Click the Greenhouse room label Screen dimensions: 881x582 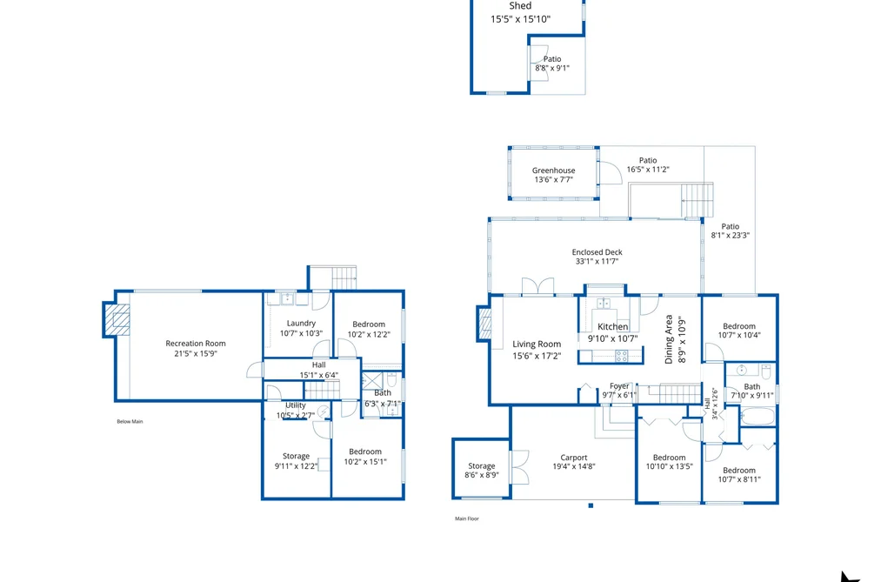click(553, 171)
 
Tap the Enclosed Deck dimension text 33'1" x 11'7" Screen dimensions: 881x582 click(597, 261)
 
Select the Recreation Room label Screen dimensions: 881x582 click(196, 344)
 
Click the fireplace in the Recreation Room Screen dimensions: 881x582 click(117, 320)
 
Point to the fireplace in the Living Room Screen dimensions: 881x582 click(484, 324)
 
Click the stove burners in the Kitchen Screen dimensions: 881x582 click(622, 356)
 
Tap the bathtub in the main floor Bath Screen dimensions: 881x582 click(758, 417)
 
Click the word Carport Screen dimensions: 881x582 click(574, 458)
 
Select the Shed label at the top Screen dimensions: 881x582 click(520, 5)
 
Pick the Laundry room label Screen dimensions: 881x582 click(301, 323)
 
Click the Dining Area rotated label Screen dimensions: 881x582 click(669, 338)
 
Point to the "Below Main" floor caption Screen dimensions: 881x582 click(130, 421)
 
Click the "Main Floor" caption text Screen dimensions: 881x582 click(467, 518)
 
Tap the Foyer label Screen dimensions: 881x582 click(619, 386)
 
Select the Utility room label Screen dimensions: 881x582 click(296, 405)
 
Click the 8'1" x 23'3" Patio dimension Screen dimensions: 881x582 click(730, 236)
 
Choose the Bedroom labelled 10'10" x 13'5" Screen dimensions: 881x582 click(669, 458)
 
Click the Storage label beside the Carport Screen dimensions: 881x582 click(482, 465)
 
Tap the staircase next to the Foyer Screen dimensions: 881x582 click(669, 394)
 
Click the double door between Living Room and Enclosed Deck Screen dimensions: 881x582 click(538, 286)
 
